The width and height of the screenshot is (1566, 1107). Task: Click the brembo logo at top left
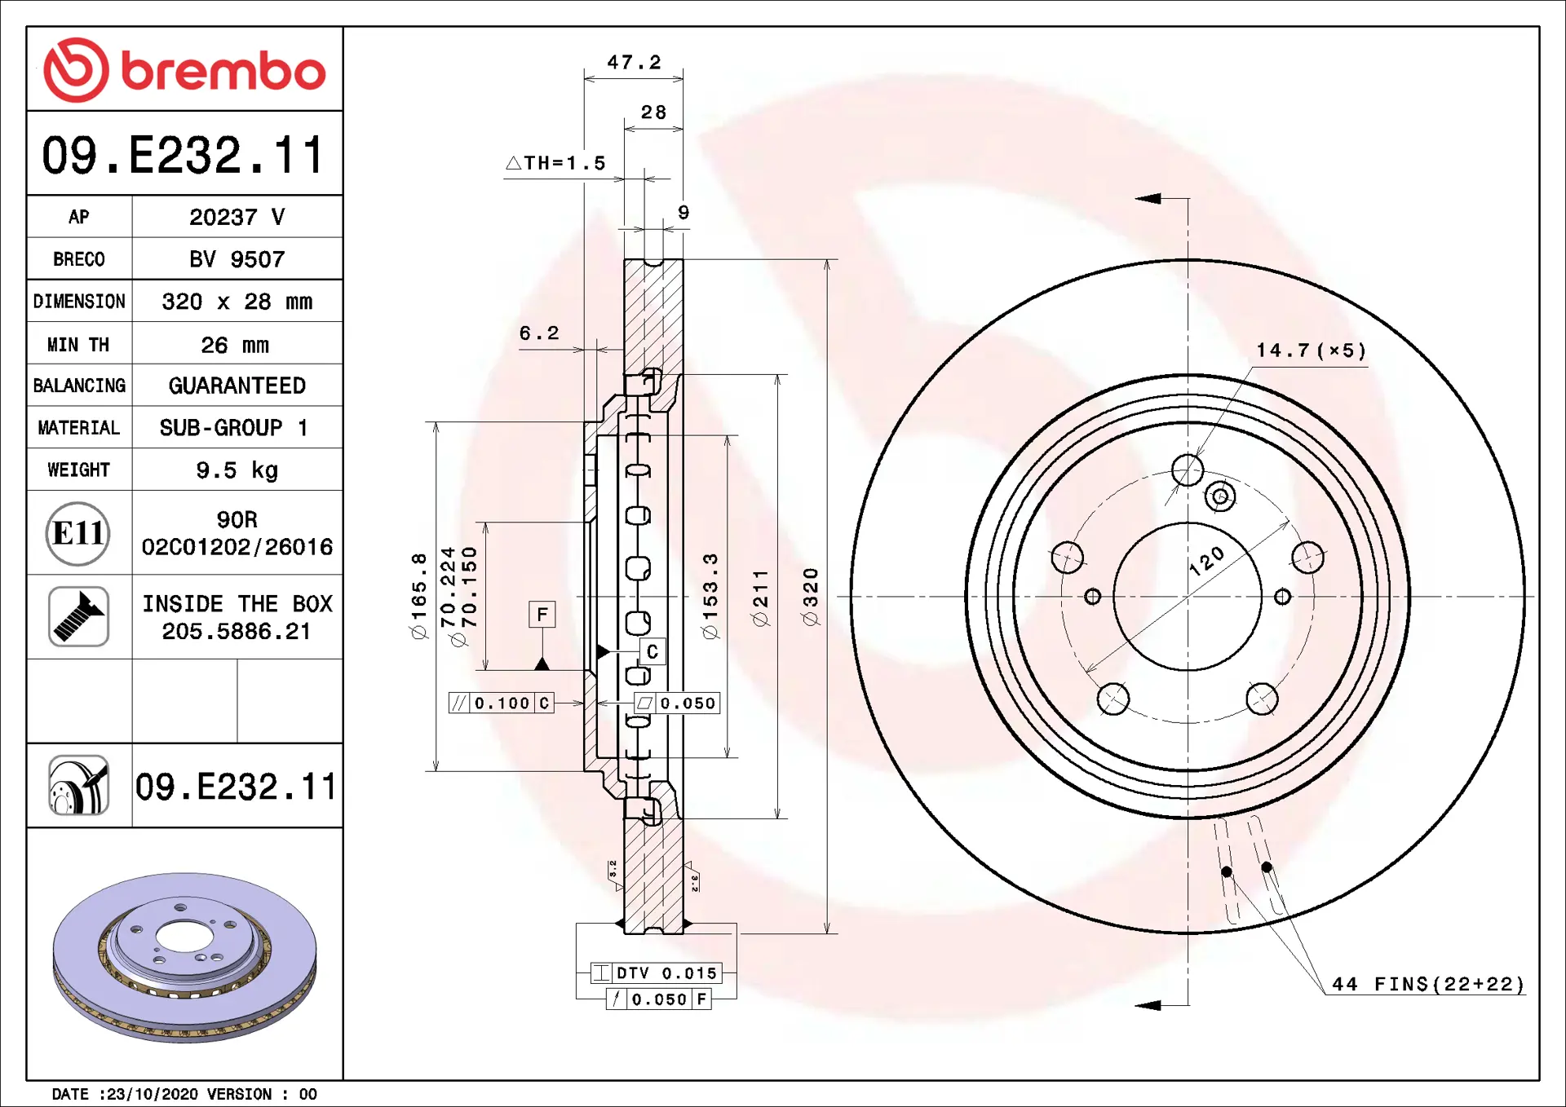click(x=184, y=70)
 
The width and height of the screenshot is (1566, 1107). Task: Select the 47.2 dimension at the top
click(x=634, y=63)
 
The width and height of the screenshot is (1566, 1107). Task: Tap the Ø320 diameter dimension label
click(x=810, y=597)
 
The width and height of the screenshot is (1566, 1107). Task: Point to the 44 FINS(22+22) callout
click(x=1427, y=984)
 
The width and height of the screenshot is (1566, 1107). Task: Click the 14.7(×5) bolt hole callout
click(x=1311, y=351)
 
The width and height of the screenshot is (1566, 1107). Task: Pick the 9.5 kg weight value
click(x=237, y=470)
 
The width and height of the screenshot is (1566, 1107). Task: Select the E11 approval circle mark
click(x=78, y=533)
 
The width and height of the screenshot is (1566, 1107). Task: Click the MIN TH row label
click(x=78, y=345)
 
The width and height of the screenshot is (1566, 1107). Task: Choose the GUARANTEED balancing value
click(x=237, y=386)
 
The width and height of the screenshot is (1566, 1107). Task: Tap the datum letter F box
click(x=542, y=615)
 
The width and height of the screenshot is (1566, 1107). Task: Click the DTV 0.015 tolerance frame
click(x=656, y=972)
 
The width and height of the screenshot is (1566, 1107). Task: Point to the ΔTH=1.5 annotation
click(x=556, y=163)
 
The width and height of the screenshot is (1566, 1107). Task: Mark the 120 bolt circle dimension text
click(x=1206, y=560)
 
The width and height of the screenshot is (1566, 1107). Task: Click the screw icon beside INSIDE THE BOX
click(x=78, y=617)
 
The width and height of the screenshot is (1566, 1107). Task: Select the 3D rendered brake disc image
click(x=184, y=958)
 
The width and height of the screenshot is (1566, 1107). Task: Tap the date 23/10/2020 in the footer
click(x=152, y=1094)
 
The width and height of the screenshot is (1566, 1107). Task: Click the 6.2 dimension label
click(x=539, y=333)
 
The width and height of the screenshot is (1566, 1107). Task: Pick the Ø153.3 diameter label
click(x=710, y=597)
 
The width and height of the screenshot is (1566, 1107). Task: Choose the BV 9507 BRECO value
click(x=237, y=259)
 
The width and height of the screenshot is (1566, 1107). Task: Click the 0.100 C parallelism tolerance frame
click(x=502, y=703)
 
